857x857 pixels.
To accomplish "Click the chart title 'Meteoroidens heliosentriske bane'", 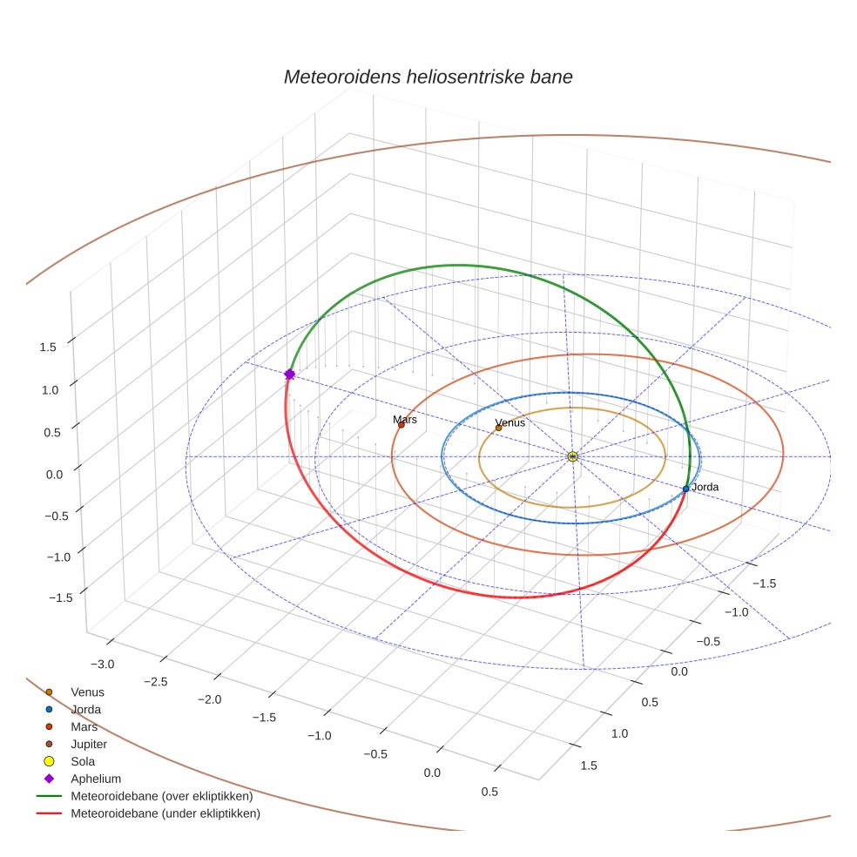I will pyautogui.click(x=428, y=77).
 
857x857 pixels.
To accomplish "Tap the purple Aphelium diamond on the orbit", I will pyautogui.click(x=289, y=374).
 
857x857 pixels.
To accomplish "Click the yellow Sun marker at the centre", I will pyautogui.click(x=572, y=456).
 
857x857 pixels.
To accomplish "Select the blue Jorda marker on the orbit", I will pyautogui.click(x=685, y=489).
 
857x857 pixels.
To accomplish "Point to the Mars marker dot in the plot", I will pyautogui.click(x=401, y=424).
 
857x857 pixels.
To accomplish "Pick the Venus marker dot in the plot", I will pyautogui.click(x=498, y=428).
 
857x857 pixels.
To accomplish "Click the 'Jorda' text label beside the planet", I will pyautogui.click(x=705, y=487).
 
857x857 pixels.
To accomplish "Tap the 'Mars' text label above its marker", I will pyautogui.click(x=405, y=419).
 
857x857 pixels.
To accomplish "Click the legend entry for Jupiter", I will pyautogui.click(x=88, y=744).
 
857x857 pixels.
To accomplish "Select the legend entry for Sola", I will pyautogui.click(x=83, y=761).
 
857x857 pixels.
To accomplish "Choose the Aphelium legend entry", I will pyautogui.click(x=95, y=779).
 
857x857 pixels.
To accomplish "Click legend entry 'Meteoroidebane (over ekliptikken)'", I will pyautogui.click(x=161, y=796).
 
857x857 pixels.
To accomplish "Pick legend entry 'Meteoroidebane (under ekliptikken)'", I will pyautogui.click(x=165, y=813).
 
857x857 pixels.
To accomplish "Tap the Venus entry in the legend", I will pyautogui.click(x=87, y=692).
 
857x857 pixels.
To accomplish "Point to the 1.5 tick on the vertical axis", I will pyautogui.click(x=48, y=347).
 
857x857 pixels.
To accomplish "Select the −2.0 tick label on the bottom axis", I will pyautogui.click(x=209, y=699).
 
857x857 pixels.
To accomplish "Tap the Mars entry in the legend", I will pyautogui.click(x=84, y=726).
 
